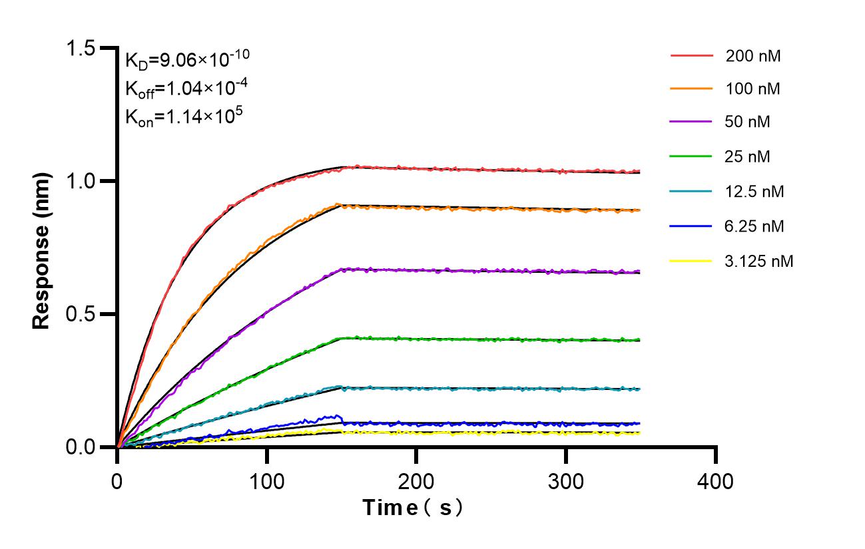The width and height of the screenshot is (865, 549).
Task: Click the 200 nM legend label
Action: coord(753,56)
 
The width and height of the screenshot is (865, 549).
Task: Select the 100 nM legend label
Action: coord(753,89)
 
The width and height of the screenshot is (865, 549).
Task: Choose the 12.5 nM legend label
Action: coord(755,192)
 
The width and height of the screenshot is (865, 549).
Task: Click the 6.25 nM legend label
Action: coord(755,226)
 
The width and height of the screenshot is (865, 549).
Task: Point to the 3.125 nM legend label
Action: coord(759,261)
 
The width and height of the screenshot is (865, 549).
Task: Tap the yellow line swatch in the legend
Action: coord(692,261)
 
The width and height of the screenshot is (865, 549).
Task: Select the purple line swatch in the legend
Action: coord(692,122)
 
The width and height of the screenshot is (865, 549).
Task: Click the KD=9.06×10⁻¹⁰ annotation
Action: coord(187,60)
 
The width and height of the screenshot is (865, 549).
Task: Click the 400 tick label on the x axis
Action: coord(716,480)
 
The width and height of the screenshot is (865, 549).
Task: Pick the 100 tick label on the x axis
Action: coord(267,480)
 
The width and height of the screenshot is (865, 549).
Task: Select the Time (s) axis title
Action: coord(413,508)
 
